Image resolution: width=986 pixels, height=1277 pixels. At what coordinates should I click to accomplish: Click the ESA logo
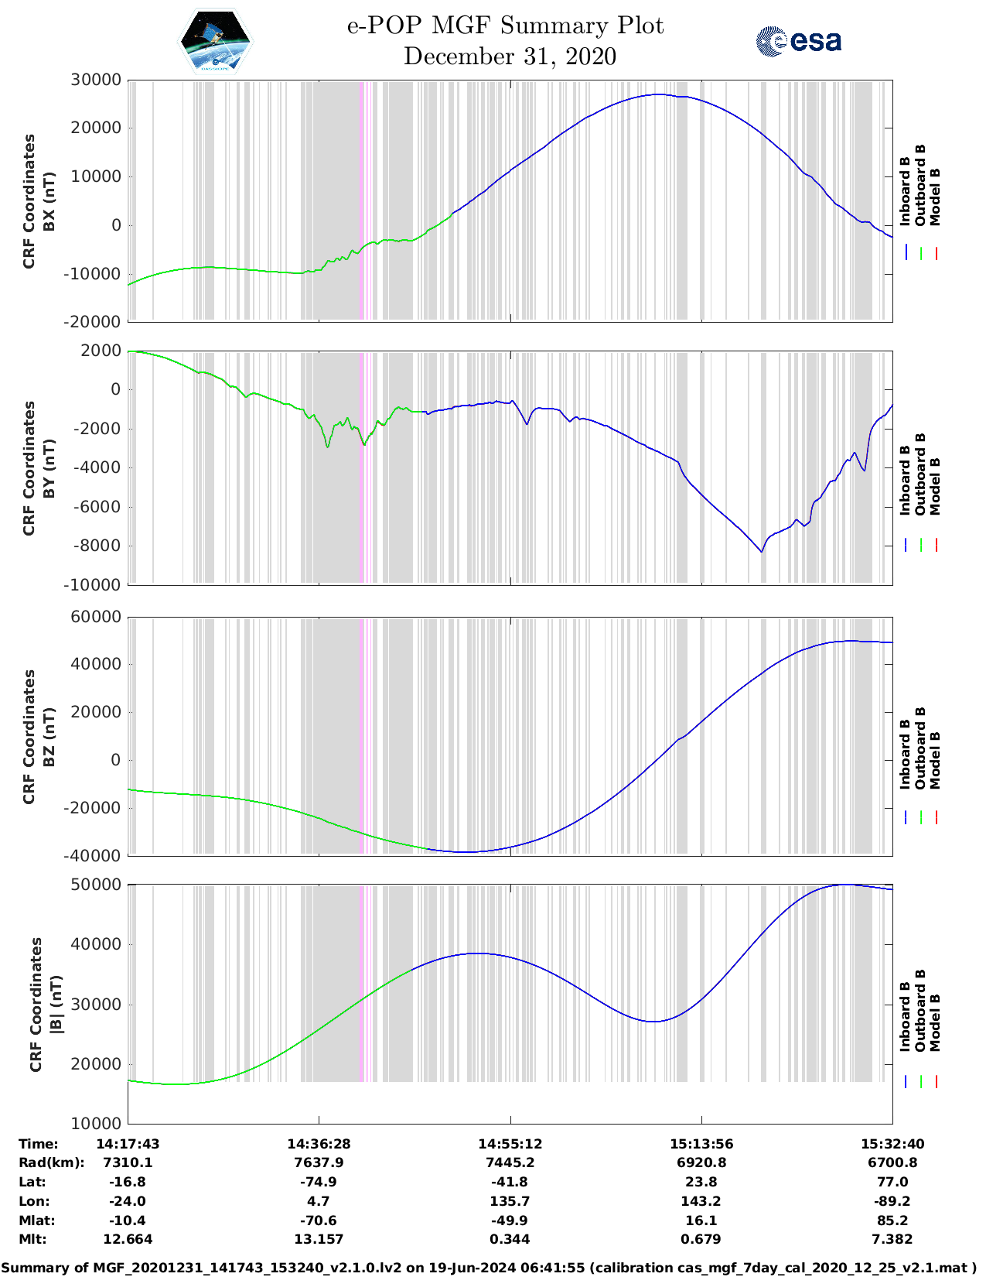point(799,41)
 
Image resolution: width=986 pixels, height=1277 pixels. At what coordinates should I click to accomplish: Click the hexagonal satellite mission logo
point(216,42)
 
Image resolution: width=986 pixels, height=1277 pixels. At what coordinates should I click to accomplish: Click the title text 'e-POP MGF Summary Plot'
point(505,26)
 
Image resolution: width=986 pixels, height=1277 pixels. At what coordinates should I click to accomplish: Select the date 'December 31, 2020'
point(510,56)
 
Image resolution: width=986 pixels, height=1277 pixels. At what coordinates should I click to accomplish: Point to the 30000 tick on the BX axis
point(96,80)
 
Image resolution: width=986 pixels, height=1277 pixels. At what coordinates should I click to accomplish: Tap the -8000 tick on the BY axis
point(99,546)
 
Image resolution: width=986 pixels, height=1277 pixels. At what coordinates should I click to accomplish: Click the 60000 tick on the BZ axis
point(96,617)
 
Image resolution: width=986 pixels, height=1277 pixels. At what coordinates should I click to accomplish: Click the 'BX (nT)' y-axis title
point(49,201)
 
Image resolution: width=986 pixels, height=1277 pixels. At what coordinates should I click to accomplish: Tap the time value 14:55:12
point(510,1144)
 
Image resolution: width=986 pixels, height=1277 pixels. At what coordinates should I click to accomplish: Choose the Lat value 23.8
point(701,1182)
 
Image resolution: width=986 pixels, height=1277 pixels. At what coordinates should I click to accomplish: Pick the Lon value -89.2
point(892,1201)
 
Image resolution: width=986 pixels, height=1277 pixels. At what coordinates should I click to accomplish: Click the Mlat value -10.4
point(128,1221)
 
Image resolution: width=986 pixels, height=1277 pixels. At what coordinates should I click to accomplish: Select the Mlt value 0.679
point(701,1239)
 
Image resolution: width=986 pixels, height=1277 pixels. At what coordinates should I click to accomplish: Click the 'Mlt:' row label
point(32,1239)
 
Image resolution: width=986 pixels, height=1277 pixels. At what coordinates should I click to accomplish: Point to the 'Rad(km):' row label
point(51,1162)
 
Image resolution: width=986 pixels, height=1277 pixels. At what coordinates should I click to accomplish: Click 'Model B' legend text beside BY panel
point(935,487)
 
